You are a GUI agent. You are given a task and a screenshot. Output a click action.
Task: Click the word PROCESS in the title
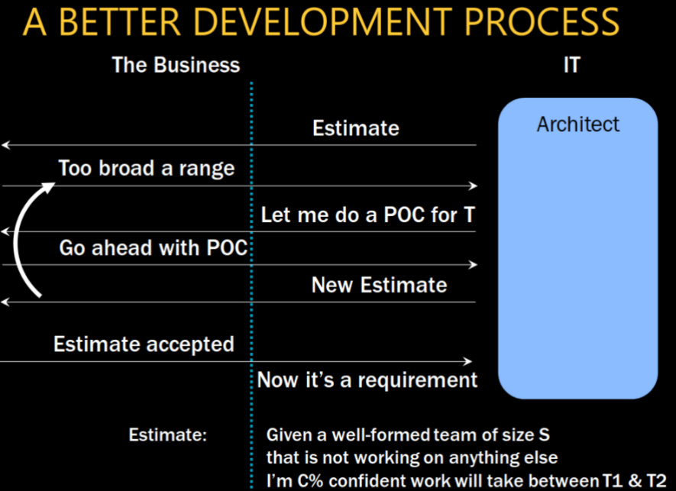pos(542,21)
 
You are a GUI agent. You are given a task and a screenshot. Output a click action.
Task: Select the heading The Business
pos(176,65)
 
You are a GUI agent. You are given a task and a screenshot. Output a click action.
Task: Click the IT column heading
pos(571,65)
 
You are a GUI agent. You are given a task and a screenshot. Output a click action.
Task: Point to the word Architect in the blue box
pos(577,124)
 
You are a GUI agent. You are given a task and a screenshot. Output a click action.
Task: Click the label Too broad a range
pos(146,168)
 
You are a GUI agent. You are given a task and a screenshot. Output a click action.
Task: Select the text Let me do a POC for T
pos(367,215)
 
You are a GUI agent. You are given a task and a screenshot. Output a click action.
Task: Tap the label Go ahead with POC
pos(153,248)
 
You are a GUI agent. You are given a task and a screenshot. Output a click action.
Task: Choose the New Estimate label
pos(379,285)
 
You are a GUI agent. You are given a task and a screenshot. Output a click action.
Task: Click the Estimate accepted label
pos(144,344)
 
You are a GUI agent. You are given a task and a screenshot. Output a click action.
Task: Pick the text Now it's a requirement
pos(367,380)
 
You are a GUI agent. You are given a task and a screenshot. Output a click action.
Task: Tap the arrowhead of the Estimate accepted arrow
pos(467,361)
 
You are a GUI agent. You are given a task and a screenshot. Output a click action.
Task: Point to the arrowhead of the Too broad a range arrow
pos(473,186)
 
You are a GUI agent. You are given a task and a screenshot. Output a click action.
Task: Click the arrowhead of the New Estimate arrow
pos(5,302)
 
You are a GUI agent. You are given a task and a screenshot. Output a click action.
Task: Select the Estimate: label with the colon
pos(168,434)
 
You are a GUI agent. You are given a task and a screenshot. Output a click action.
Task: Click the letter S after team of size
pos(544,434)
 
